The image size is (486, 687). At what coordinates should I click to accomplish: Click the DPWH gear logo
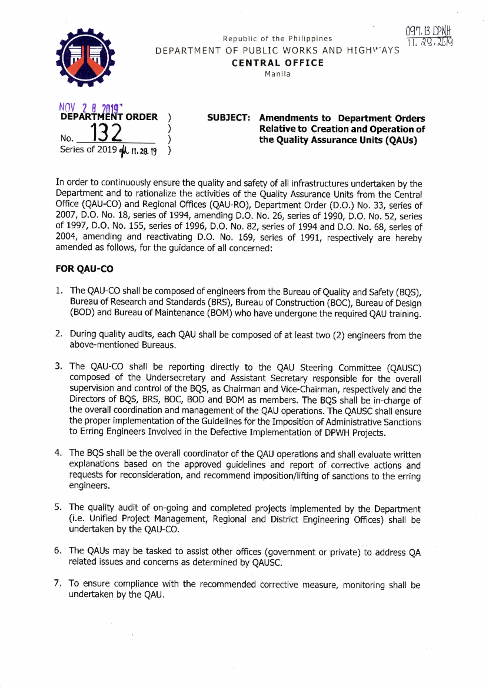click(x=85, y=57)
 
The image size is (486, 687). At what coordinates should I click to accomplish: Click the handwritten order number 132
click(x=106, y=132)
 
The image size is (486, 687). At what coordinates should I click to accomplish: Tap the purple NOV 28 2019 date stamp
click(x=90, y=108)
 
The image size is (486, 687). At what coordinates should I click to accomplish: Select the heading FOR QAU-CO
click(x=84, y=269)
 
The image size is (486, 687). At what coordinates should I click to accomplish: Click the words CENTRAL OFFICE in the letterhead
click(x=277, y=63)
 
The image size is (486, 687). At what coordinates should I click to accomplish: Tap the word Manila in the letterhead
click(x=277, y=74)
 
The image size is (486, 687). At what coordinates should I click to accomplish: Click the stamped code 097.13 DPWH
click(x=428, y=31)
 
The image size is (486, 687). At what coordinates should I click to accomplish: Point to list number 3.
click(x=59, y=366)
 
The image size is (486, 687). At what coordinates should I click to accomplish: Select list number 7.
click(x=58, y=583)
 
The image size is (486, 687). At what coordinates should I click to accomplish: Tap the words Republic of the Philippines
click(x=277, y=39)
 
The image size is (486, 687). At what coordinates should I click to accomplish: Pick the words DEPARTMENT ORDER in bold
click(x=109, y=117)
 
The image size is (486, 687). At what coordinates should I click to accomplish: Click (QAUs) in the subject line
click(x=401, y=140)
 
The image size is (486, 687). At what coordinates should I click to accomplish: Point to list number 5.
click(x=58, y=507)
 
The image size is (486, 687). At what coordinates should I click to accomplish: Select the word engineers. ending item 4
click(x=89, y=485)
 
